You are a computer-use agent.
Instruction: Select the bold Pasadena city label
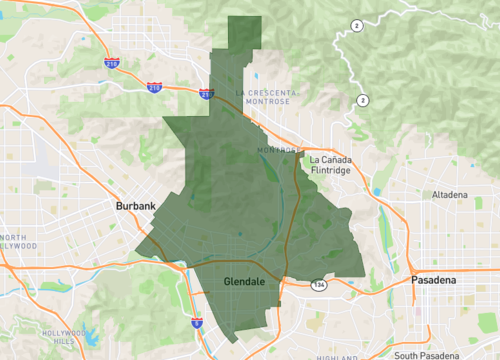434,282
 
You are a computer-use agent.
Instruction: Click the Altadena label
450,194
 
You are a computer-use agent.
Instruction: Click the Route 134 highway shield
318,284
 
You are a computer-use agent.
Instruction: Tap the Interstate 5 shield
196,322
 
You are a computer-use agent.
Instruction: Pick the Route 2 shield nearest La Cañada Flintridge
362,99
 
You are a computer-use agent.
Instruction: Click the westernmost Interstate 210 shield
111,62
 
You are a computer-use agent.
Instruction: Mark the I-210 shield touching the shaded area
206,93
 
